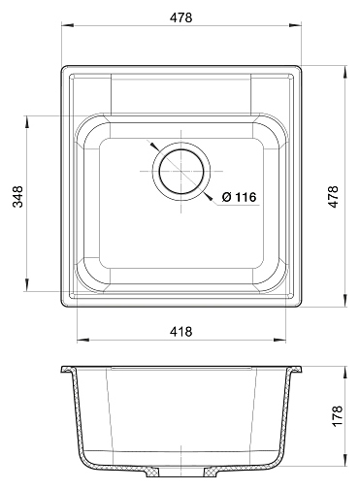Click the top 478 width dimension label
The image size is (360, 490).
pos(181,17)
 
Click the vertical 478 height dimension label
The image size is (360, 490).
pos(333,196)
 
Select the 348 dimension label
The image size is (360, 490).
pos(17,196)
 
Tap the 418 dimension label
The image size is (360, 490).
pos(181,331)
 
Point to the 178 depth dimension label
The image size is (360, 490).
pos(337,415)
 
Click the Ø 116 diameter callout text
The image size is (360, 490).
pos(240,197)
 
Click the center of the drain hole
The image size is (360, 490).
pos(181,171)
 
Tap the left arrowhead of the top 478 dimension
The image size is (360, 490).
pos(67,24)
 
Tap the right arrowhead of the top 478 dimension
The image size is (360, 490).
pos(296,24)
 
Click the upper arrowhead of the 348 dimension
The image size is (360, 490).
pos(27,121)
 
